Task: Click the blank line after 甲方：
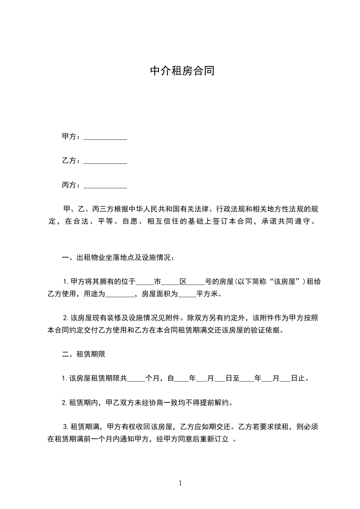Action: pos(105,137)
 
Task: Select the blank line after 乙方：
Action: pos(105,161)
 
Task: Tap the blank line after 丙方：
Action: pos(105,186)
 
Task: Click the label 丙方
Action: pos(69,185)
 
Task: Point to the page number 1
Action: pos(180,483)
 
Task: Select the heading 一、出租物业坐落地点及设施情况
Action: pos(116,258)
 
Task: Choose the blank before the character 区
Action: pos(171,282)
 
